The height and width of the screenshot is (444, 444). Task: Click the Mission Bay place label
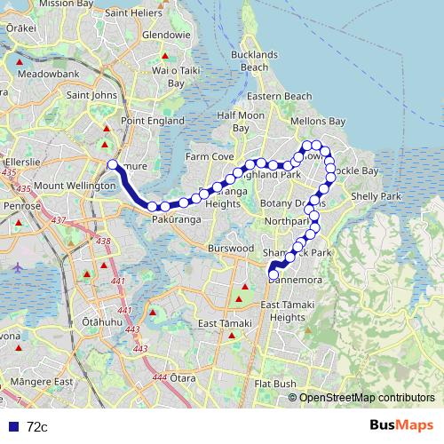point(62,4)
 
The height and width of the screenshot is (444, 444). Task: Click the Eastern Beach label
point(280,96)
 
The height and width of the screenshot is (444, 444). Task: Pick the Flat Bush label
point(274,384)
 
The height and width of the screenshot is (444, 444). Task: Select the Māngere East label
point(37,382)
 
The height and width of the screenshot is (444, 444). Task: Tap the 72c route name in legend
point(37,427)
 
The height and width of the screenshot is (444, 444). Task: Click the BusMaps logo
point(401,425)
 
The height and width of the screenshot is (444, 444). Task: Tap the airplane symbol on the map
point(18,265)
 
